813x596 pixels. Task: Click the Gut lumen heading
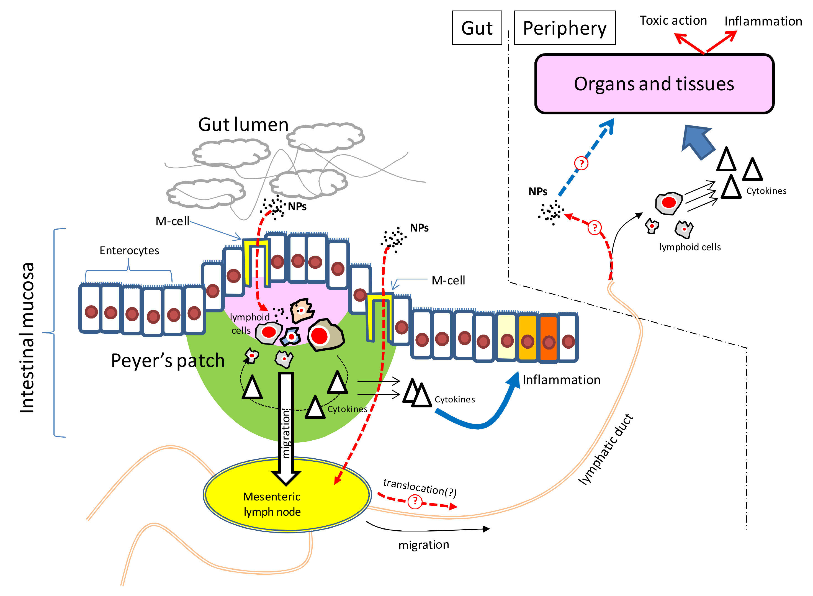coord(243,124)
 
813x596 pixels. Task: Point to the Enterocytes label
coord(129,250)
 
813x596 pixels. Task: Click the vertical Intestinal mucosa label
coord(27,337)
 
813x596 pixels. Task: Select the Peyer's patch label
coord(168,360)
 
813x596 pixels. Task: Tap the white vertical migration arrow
coord(286,426)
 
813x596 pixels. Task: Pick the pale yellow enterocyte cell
coord(506,336)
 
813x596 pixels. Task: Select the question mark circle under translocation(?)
coord(415,501)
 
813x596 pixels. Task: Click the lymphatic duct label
coord(606,449)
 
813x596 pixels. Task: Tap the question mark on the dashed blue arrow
coord(581,163)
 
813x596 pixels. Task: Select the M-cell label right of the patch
coord(448,280)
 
